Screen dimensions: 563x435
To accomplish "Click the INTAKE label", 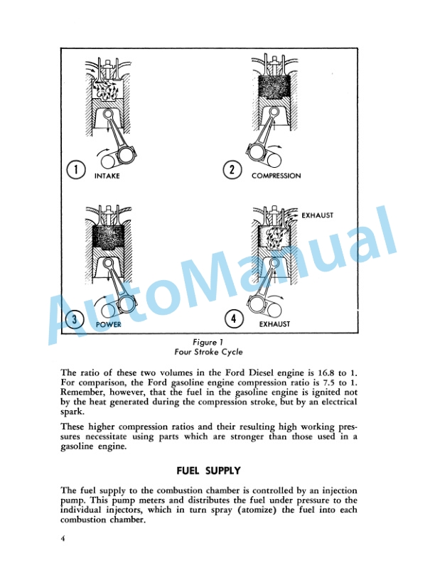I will point(107,176).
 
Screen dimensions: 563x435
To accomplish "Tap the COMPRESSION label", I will point(276,176).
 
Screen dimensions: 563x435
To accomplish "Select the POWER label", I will point(109,324).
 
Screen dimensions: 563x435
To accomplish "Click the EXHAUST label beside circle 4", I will point(274,324).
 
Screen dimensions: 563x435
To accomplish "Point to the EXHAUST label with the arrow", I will point(317,215).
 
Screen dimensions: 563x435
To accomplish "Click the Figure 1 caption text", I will point(208,342).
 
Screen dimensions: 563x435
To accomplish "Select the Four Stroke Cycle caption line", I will point(208,352).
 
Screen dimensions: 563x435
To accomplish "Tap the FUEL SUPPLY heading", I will point(209,471).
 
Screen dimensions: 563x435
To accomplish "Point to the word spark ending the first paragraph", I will point(72,412).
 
